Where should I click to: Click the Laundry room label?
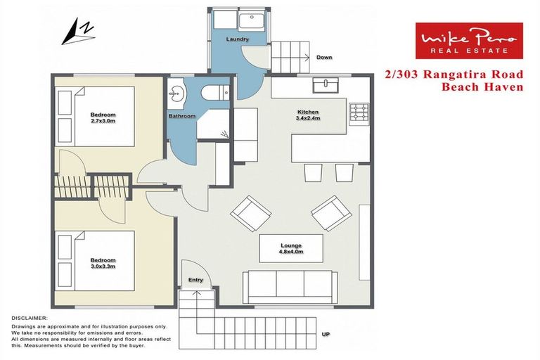click(x=238, y=39)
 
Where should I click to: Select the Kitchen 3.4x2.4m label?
click(x=308, y=115)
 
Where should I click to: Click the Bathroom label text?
click(x=181, y=115)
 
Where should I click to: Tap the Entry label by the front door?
click(x=195, y=280)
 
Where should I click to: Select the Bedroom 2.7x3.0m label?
click(x=103, y=117)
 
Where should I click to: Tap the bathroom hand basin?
click(x=175, y=92)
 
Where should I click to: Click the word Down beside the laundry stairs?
click(x=324, y=57)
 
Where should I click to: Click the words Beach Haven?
click(x=482, y=87)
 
